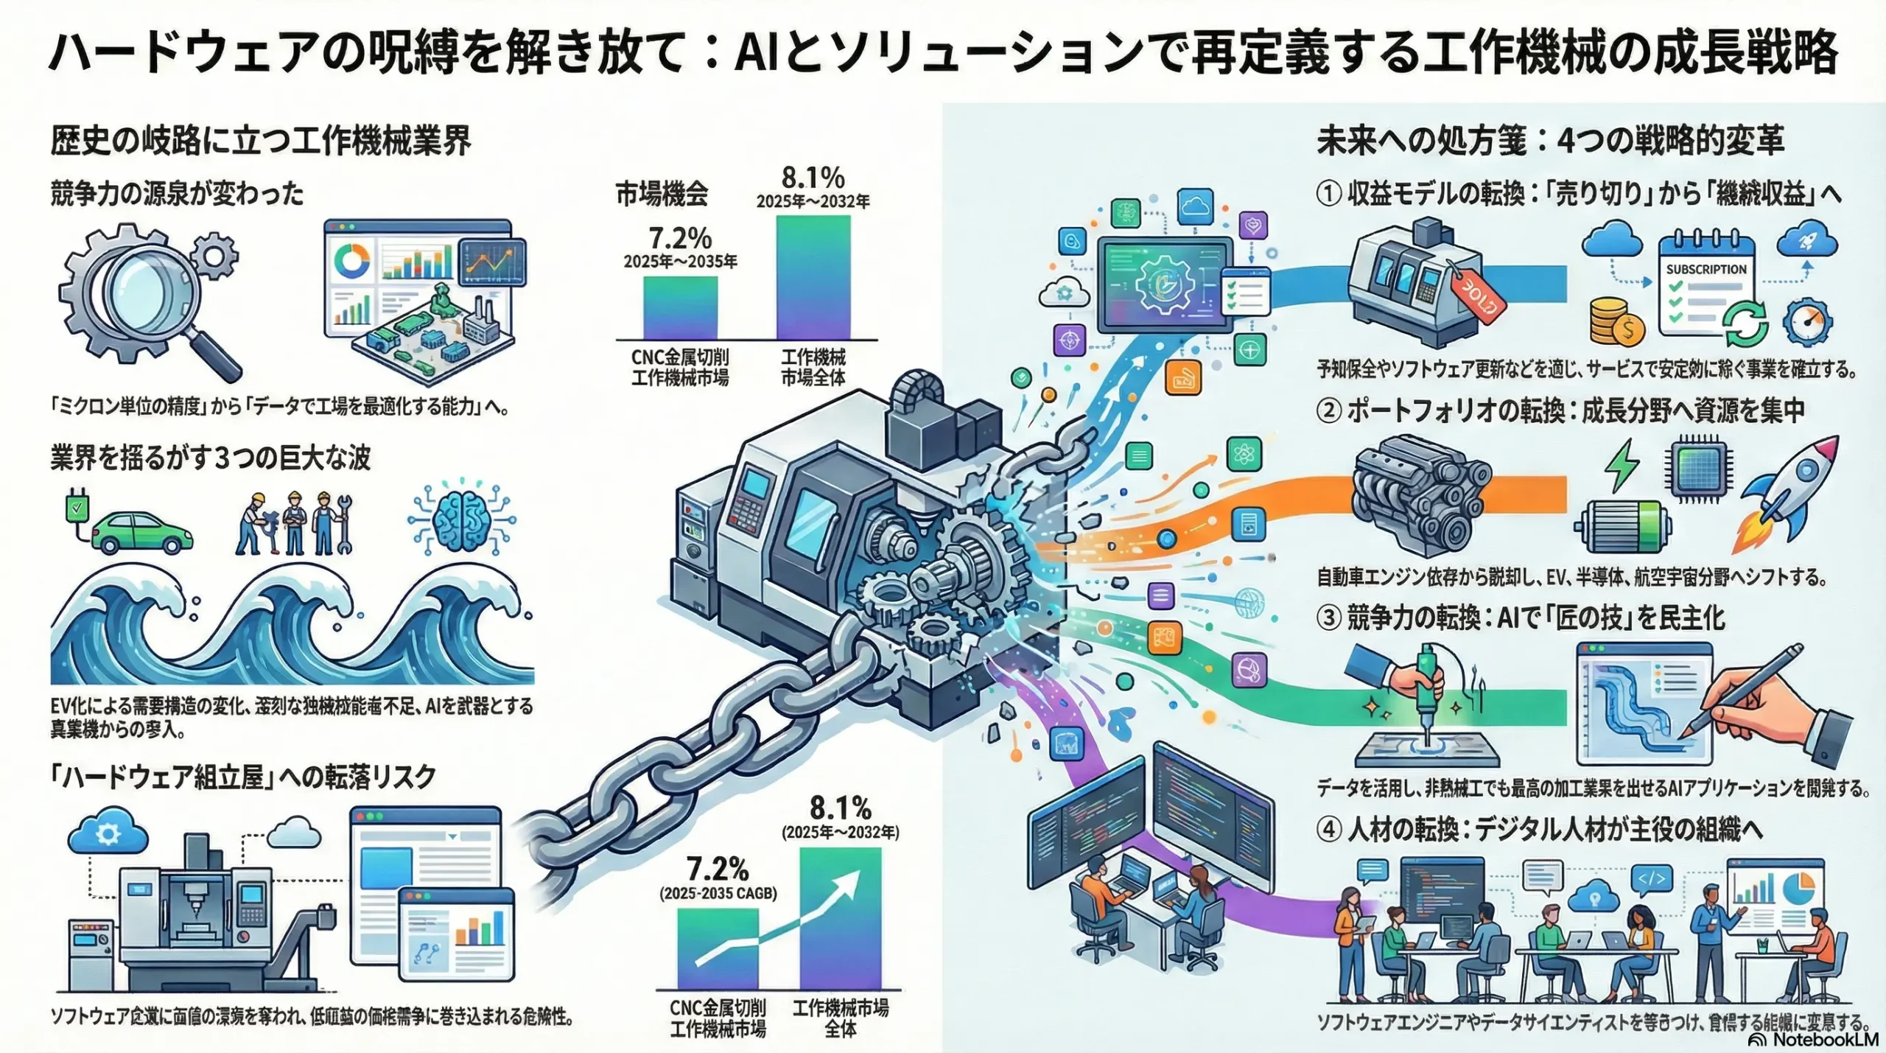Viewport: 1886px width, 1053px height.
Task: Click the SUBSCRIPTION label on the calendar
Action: point(1706,270)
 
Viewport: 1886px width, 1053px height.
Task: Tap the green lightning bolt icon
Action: point(1622,465)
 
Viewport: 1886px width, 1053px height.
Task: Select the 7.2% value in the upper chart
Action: point(679,238)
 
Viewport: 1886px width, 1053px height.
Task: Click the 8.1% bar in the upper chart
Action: point(813,277)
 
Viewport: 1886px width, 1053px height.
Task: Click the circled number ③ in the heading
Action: point(1328,618)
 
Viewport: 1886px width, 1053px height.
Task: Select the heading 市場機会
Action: point(662,194)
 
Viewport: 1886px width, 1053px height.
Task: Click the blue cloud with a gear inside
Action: point(108,834)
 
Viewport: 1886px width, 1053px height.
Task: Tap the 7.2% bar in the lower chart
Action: point(717,948)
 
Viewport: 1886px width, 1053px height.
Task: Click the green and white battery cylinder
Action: point(1622,526)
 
